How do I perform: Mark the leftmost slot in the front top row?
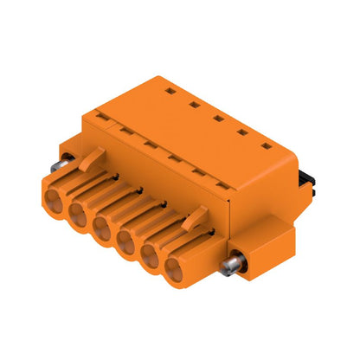click(x=102, y=114)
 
